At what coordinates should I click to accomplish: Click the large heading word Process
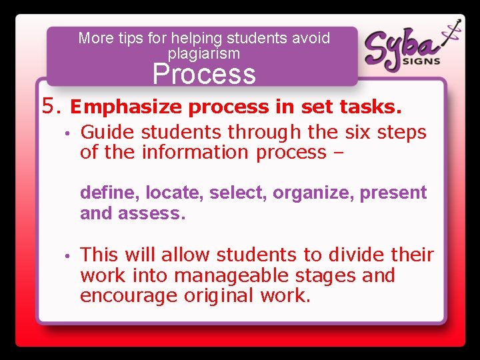pos(204,74)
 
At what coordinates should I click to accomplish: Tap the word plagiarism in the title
pos(204,53)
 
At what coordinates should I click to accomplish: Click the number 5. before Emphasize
pos(52,105)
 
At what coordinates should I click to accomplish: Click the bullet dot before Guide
pos(67,133)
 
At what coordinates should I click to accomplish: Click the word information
pos(196,152)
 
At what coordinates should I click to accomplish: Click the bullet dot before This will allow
pos(67,255)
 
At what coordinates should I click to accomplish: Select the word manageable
pos(245,275)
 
